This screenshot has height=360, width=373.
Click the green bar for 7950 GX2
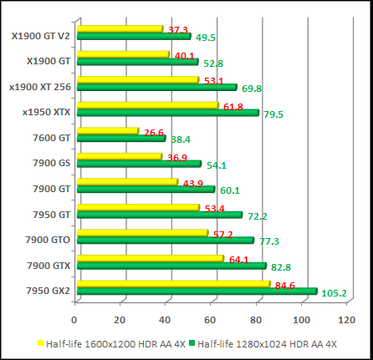click(197, 292)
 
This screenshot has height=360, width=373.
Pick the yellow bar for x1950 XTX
click(147, 105)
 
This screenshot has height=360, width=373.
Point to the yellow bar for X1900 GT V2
click(120, 29)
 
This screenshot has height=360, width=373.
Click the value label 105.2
click(335, 293)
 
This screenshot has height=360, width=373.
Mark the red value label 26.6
click(155, 132)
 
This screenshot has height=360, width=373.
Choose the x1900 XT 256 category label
click(39, 87)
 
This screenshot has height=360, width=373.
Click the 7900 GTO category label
click(47, 240)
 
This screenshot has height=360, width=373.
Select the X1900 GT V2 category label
click(41, 36)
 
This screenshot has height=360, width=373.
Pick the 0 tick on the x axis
click(75, 320)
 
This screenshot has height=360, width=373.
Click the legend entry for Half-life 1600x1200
click(109, 343)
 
